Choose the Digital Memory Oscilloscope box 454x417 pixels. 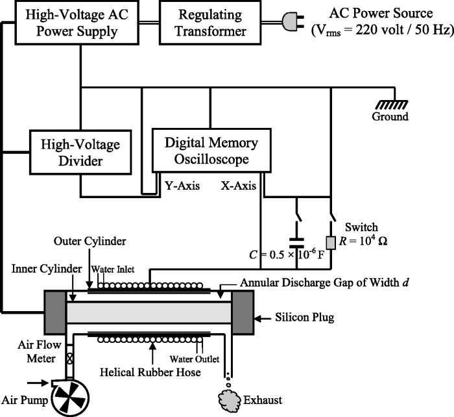tap(204, 151)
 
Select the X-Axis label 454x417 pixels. tap(237, 186)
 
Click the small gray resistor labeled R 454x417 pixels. tap(330, 242)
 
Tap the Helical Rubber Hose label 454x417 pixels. tap(151, 372)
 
